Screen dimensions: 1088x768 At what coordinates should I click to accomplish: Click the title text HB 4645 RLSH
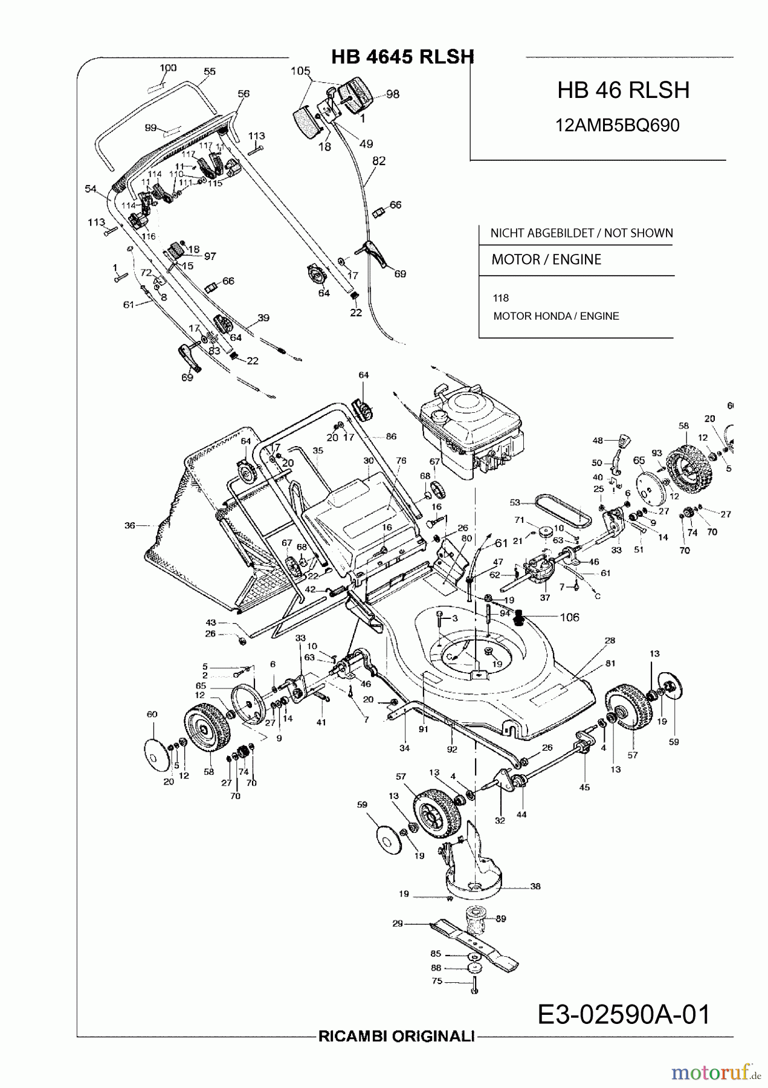coord(402,57)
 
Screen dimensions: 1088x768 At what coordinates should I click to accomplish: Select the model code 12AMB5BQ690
coord(617,125)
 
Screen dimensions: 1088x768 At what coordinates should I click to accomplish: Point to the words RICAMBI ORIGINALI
coord(396,1054)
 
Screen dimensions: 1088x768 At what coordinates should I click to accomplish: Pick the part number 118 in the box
coord(501,298)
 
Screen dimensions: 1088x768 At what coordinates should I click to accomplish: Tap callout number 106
coord(569,617)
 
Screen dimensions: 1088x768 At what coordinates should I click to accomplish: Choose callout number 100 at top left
coord(168,68)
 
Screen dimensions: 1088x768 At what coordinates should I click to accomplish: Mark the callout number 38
coord(535,887)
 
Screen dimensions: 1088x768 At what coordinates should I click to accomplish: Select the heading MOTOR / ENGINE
coord(546,260)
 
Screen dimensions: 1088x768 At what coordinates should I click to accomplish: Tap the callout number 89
coord(501,919)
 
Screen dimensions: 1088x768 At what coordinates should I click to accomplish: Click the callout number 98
coord(393,94)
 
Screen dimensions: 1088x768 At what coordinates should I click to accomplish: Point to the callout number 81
coord(610,663)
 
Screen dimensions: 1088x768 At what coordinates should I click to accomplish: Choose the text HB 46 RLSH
coord(623,91)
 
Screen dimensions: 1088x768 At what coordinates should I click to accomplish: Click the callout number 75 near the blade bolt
coord(437,982)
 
